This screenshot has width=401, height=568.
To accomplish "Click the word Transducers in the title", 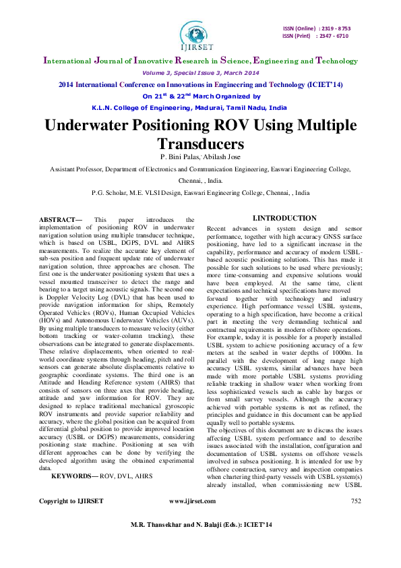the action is click(x=200, y=144).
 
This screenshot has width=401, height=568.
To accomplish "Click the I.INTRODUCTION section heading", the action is click(x=284, y=218).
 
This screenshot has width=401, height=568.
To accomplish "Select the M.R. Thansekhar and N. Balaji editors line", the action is click(x=200, y=543).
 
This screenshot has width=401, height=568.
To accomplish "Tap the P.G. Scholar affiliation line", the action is click(x=200, y=192).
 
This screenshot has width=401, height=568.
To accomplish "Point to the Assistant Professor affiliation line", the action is click(x=200, y=171).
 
